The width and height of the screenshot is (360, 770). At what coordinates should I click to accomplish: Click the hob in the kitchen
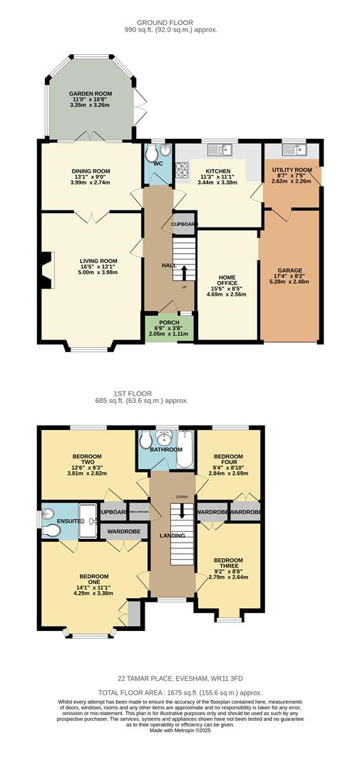182,171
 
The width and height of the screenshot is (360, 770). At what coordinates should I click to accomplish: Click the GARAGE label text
289,270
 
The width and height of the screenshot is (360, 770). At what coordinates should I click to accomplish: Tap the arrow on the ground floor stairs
183,272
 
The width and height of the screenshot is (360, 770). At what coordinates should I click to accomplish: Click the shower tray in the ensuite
88,515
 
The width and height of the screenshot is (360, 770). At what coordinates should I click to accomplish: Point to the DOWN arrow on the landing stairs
182,510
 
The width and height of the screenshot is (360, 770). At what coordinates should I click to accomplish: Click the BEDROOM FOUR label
229,459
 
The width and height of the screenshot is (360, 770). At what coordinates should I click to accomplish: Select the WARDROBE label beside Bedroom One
124,531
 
